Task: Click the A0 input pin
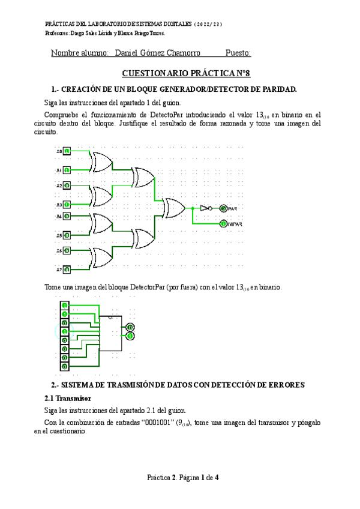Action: [x=67, y=151]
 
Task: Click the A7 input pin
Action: [x=67, y=269]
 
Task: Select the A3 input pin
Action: [x=67, y=204]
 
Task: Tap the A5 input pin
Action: [x=67, y=235]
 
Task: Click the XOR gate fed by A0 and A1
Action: [x=100, y=161]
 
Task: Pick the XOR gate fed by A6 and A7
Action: [x=100, y=259]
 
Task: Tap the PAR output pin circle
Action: [x=223, y=208]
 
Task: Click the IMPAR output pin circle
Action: [x=223, y=224]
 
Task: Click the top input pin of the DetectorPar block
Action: [x=64, y=306]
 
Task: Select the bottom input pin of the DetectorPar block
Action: [x=64, y=366]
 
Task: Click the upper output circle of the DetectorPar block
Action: [x=130, y=327]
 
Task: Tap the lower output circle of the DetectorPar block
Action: [x=130, y=336]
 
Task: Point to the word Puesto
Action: [x=238, y=53]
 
